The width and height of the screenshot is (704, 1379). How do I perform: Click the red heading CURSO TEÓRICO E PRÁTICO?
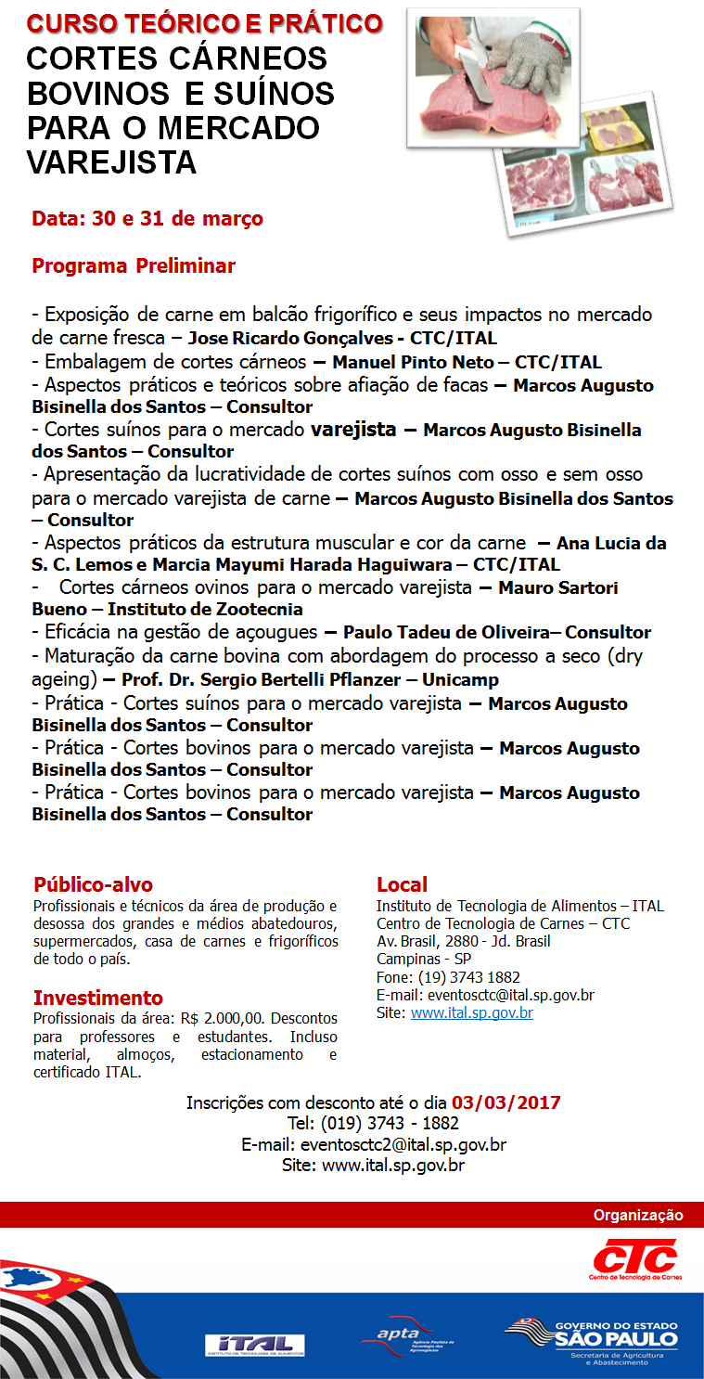tap(204, 23)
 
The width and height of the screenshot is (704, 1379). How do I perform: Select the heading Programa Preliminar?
tap(134, 266)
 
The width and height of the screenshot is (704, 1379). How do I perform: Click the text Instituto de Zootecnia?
tap(205, 610)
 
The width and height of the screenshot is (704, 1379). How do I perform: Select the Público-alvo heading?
tap(93, 884)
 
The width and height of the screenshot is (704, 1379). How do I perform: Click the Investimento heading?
tap(97, 998)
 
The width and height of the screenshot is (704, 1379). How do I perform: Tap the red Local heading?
tap(402, 884)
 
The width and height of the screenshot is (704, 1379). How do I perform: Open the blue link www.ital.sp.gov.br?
tap(471, 1012)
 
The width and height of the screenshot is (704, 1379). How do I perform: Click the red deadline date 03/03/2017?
tap(506, 1103)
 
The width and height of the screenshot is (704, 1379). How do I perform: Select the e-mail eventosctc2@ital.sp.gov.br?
tap(403, 1144)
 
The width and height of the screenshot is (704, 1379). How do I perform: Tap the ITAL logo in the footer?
tap(254, 1344)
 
